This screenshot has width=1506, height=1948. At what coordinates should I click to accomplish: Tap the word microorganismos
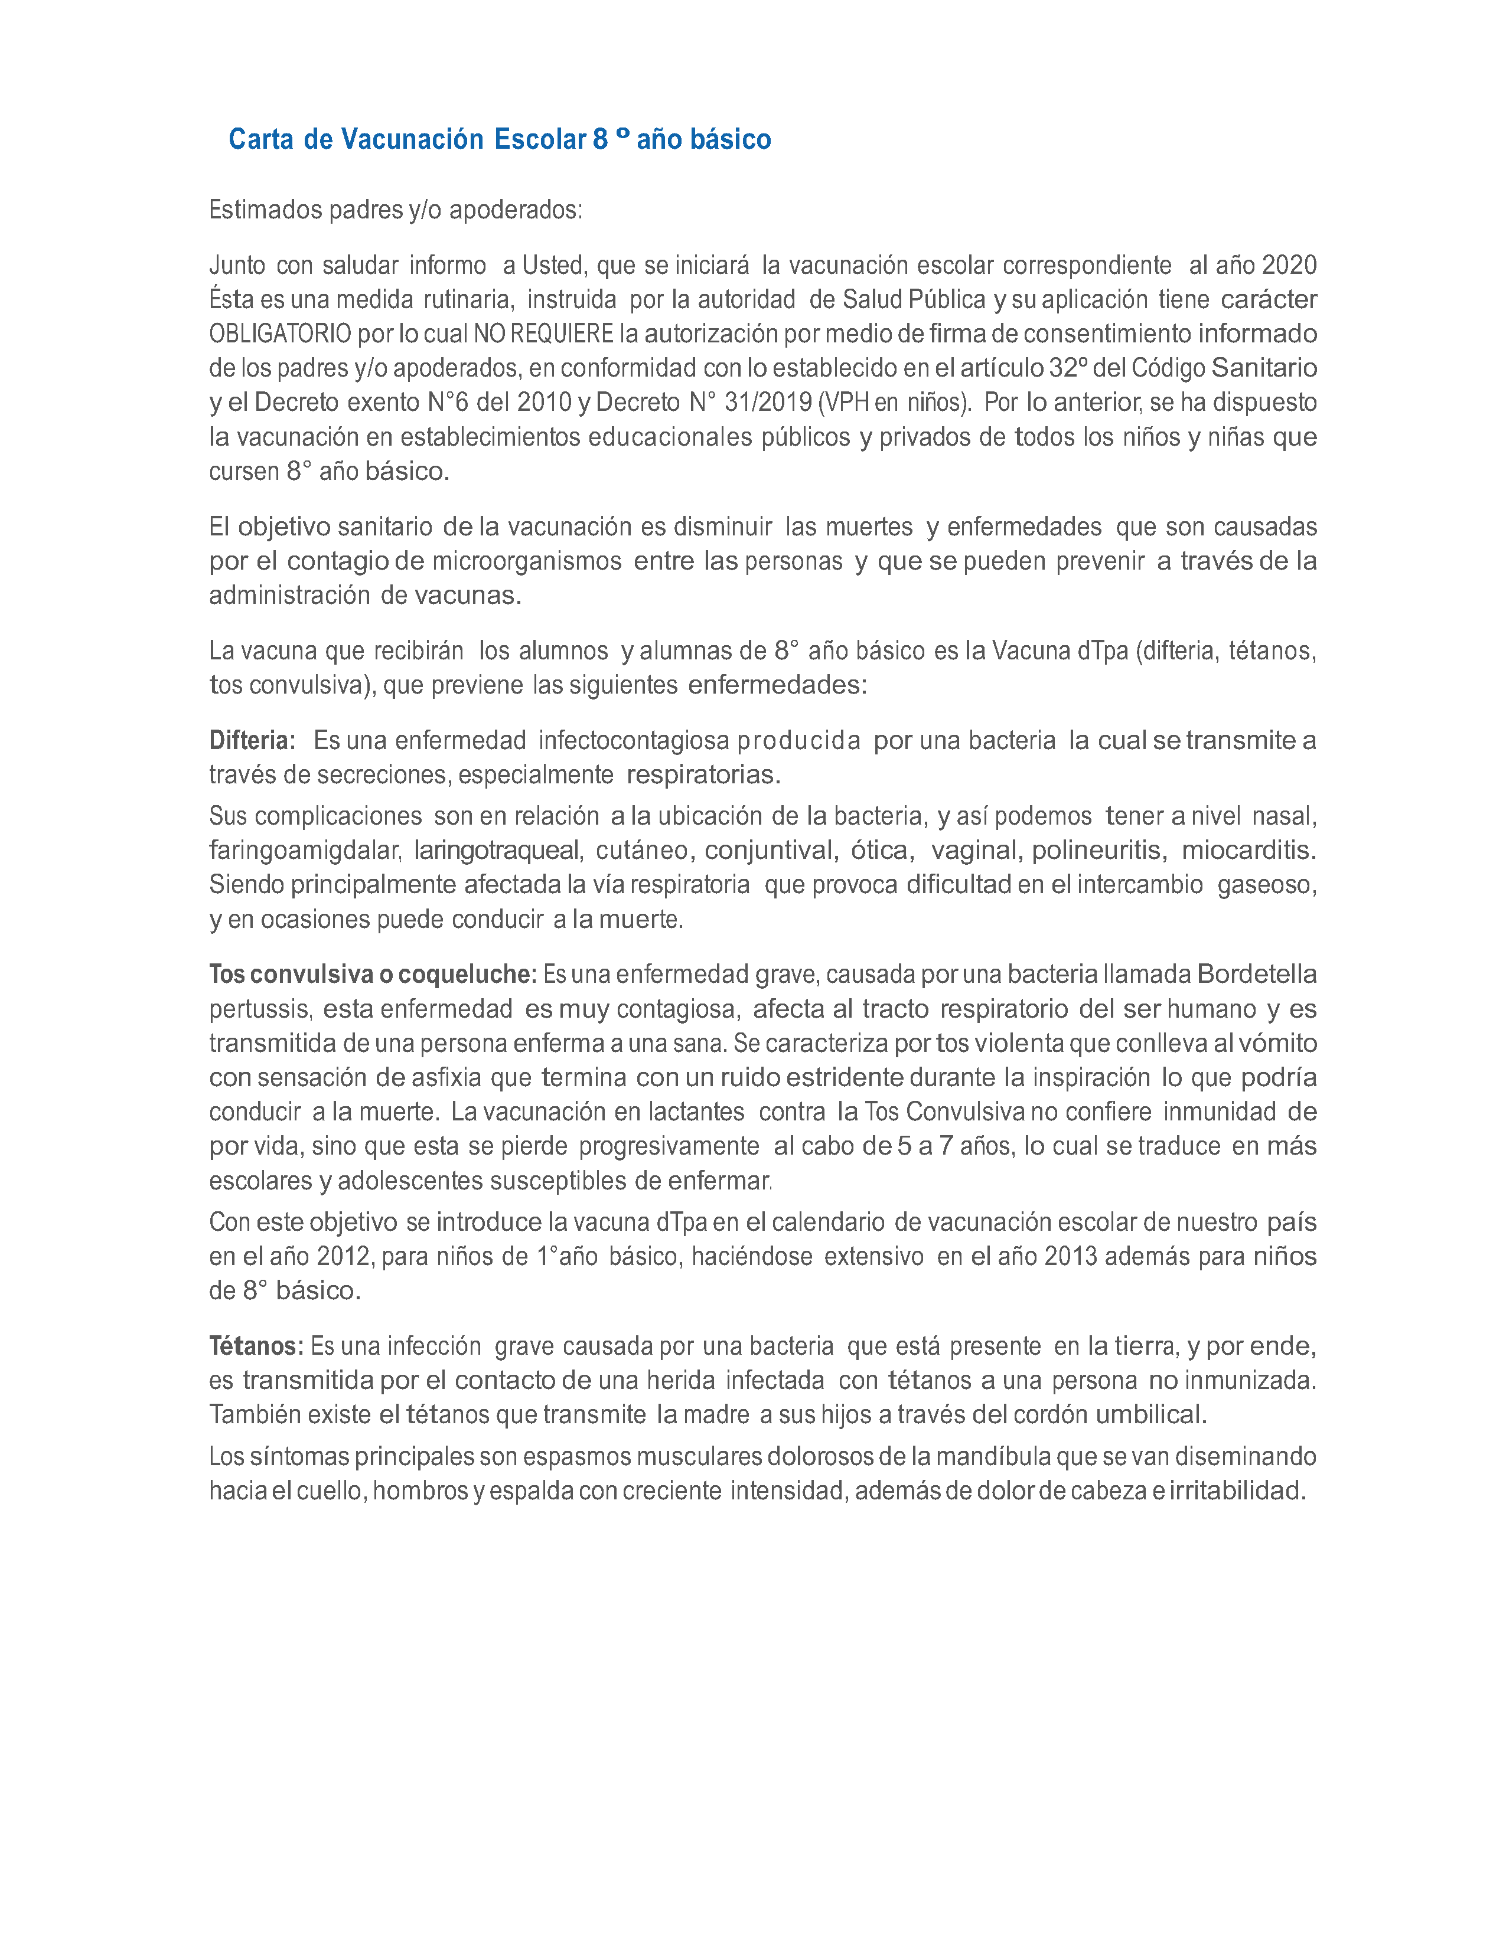526,561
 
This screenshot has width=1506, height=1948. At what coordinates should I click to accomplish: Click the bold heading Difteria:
252,740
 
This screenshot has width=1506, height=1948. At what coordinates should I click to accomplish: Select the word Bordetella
1256,974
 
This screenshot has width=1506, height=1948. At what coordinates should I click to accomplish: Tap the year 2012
344,1257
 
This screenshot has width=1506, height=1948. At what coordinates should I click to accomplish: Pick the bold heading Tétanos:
256,1346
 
